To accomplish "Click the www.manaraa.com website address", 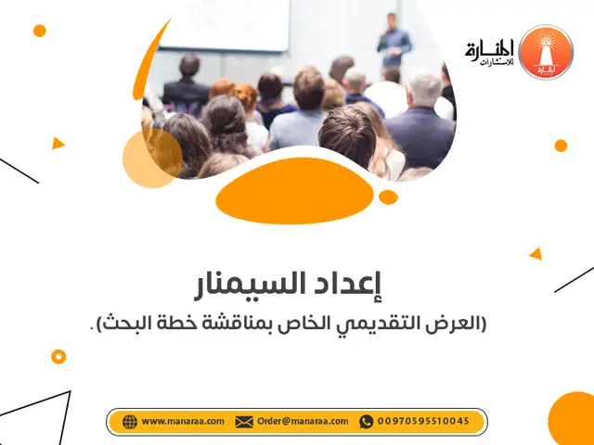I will pos(183,422).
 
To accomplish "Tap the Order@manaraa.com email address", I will pos(302,422).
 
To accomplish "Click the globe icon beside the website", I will pos(130,422).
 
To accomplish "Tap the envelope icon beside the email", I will pos(244,422).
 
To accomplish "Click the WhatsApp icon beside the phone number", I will pos(366,422).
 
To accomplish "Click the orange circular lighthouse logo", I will pos(545,52).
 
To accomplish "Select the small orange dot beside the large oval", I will pos(388,197).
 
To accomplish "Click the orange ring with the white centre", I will pos(58,356).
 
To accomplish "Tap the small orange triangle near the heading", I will pos(536,253).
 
